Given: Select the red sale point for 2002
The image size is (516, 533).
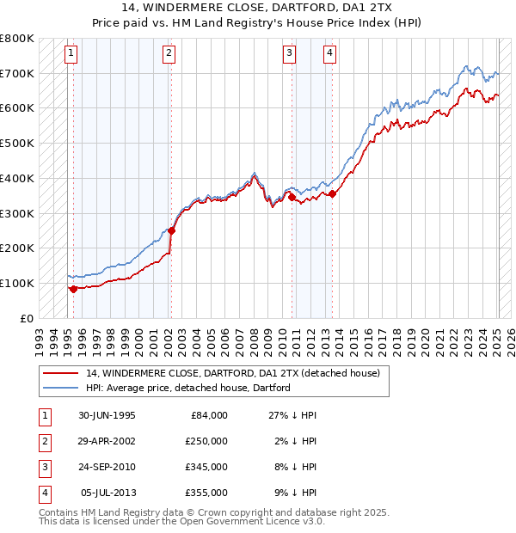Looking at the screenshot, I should (x=171, y=230).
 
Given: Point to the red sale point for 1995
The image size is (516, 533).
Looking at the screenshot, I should (x=73, y=289).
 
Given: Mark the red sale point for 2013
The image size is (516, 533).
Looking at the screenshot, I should (x=333, y=193).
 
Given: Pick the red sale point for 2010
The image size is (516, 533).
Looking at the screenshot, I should (x=292, y=197).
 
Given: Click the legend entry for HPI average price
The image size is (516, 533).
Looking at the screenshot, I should (x=187, y=388).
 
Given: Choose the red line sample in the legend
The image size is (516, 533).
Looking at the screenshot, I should (x=60, y=373).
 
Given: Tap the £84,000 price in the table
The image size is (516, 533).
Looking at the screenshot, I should (x=206, y=415).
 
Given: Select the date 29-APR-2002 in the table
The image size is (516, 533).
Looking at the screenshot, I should (x=107, y=441).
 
